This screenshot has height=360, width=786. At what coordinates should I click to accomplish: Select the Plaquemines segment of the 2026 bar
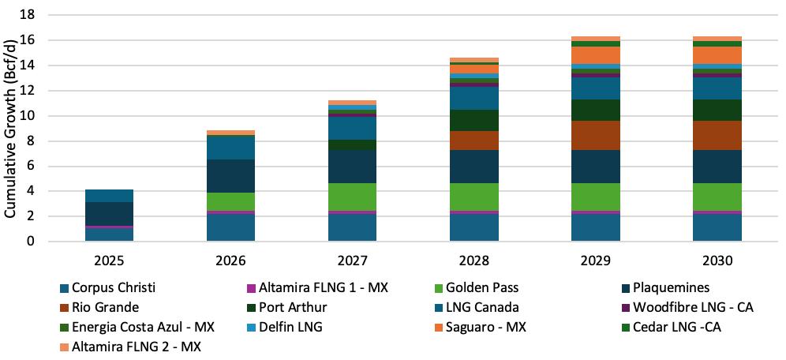[231, 176]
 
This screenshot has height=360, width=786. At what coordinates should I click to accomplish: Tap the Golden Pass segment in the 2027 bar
[353, 197]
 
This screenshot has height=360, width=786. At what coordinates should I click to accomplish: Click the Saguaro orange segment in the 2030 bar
[717, 54]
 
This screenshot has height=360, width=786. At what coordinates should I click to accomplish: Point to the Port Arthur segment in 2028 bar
[474, 120]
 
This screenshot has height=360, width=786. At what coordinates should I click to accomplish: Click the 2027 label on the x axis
[353, 259]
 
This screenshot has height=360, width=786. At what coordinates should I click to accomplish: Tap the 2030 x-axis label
[717, 259]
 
